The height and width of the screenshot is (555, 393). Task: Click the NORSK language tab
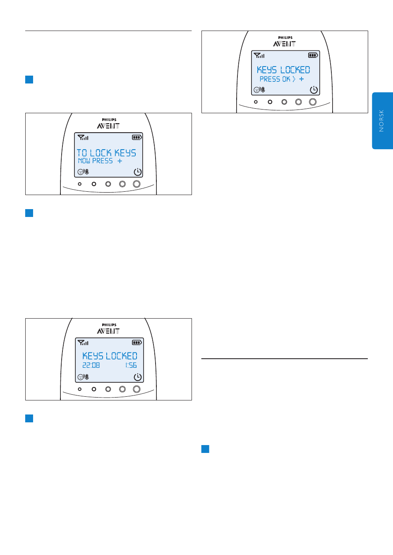tap(382, 121)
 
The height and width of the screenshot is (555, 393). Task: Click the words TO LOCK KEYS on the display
tap(106, 153)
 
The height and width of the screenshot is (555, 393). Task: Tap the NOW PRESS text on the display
tap(96, 161)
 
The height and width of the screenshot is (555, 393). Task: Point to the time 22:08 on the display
tap(91, 365)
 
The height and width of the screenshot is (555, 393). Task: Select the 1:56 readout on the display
tap(131, 365)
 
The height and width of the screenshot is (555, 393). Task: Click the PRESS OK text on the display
tap(275, 79)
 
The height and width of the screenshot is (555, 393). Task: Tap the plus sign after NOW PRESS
tap(120, 161)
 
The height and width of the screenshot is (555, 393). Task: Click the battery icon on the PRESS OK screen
tap(313, 55)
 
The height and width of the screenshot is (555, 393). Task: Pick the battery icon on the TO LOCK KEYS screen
tap(137, 137)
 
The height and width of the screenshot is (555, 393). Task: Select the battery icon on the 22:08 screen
tap(137, 343)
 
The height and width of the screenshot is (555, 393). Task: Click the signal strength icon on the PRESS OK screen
tap(259, 55)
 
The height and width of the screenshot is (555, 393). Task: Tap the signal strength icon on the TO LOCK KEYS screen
tap(83, 138)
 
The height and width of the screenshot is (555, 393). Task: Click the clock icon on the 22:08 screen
tap(138, 377)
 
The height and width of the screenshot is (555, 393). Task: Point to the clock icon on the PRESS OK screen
tap(314, 90)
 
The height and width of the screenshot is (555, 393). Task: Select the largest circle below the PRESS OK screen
tap(313, 102)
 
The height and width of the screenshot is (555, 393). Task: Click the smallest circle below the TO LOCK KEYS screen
tap(79, 184)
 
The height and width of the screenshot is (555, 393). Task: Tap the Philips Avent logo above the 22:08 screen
tap(108, 329)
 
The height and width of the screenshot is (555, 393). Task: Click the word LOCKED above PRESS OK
tap(295, 70)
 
